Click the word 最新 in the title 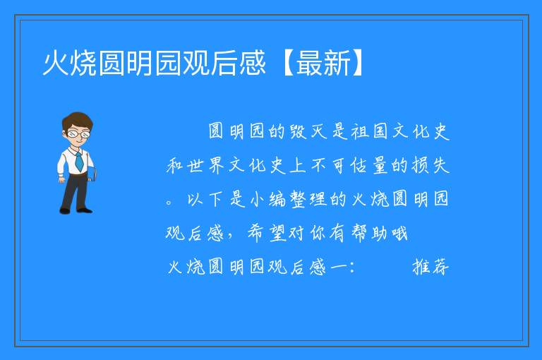point(323,63)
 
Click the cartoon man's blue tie point(79,162)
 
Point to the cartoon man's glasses point(78,133)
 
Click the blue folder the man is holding point(92,174)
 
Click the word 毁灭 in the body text point(308,131)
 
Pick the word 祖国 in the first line point(370,131)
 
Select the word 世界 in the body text point(206,165)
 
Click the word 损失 point(430,165)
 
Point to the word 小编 point(267,199)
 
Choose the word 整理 point(308,199)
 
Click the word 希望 point(267,233)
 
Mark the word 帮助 point(369,233)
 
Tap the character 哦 point(399,234)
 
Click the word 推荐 point(430,267)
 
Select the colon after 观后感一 point(352,267)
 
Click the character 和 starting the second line point(175,165)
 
